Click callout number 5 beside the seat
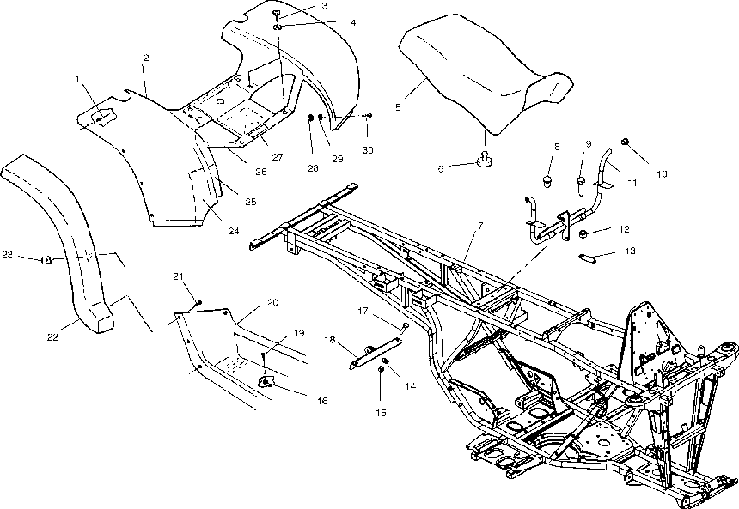point(397,107)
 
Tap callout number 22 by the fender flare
point(53,336)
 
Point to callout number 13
point(631,251)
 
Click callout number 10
point(662,174)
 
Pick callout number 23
point(7,254)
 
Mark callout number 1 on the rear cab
point(77,79)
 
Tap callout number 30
point(368,151)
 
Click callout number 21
point(179,276)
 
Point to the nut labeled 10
point(626,142)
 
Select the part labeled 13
point(590,257)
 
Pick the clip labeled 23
point(48,258)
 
